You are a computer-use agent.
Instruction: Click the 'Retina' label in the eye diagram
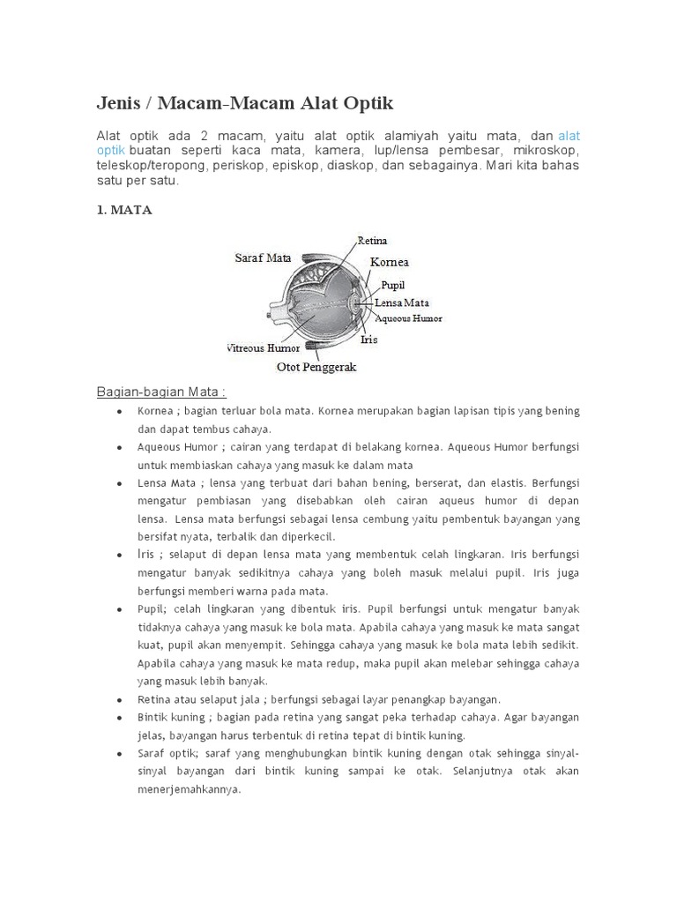pyautogui.click(x=372, y=240)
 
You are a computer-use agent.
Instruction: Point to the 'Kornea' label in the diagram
pyautogui.click(x=389, y=262)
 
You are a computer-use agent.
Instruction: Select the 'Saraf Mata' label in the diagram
pyautogui.click(x=263, y=257)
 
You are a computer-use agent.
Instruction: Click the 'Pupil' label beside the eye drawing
pyautogui.click(x=393, y=286)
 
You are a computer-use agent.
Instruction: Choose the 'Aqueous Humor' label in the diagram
pyautogui.click(x=408, y=317)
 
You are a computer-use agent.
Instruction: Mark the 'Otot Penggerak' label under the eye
pyautogui.click(x=316, y=367)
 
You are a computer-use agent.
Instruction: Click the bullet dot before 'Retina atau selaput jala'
pyautogui.click(x=118, y=699)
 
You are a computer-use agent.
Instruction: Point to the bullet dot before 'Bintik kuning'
pyautogui.click(x=118, y=718)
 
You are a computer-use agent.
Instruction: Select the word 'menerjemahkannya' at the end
pyautogui.click(x=189, y=790)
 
